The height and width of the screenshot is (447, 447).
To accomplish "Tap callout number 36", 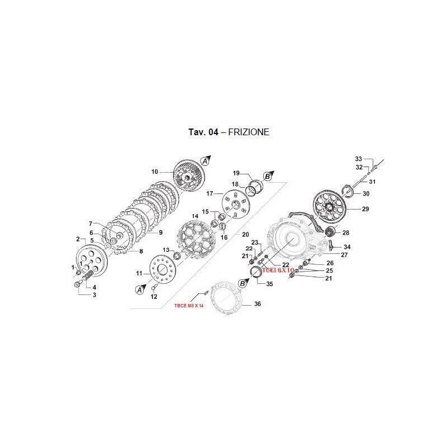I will click(x=258, y=304).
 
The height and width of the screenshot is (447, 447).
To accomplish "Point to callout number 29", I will click(x=366, y=210).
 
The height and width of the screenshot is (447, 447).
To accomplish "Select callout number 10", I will click(x=155, y=172).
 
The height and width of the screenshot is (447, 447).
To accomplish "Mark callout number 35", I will click(x=270, y=284).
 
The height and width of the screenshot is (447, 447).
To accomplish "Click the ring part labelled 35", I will click(x=257, y=272).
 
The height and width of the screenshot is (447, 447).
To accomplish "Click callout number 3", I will click(x=94, y=294).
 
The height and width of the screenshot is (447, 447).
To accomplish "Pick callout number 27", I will click(x=344, y=254).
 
